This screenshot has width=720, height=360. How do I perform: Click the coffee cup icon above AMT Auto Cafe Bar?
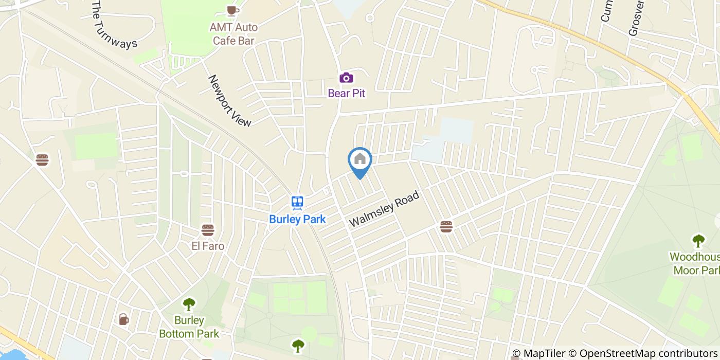point(232,10)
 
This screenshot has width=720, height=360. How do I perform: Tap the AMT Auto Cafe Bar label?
point(233,33)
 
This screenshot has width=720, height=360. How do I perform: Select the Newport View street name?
point(229,101)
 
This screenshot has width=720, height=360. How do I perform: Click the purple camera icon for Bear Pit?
point(346,78)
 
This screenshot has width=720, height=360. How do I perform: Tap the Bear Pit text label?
point(346,93)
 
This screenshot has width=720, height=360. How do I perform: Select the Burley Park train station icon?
point(297,203)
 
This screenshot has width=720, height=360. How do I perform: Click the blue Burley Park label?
point(297,219)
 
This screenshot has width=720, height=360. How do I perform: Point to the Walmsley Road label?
point(385,209)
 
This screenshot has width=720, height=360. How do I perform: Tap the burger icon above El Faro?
point(208,230)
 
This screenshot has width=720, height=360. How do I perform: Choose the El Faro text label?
point(208,246)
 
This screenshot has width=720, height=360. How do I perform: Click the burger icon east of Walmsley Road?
point(446,226)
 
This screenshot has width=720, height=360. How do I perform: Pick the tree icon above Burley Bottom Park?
point(189,304)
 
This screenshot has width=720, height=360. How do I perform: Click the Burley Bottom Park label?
point(189,327)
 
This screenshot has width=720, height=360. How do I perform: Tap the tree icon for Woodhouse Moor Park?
point(698,240)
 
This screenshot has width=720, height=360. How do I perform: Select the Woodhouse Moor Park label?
point(695,263)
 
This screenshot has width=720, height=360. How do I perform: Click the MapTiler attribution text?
point(540,353)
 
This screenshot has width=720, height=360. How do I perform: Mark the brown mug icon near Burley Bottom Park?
point(124,319)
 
